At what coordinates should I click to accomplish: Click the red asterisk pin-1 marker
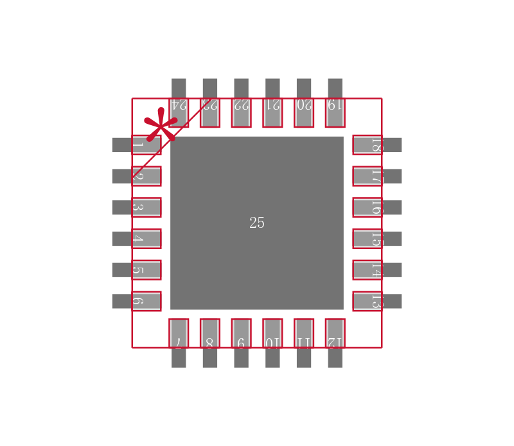click(160, 124)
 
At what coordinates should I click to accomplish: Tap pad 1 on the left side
click(146, 145)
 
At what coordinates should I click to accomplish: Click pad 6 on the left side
click(146, 301)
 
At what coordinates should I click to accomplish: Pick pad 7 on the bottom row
click(179, 333)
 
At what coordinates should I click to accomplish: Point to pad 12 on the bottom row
click(335, 333)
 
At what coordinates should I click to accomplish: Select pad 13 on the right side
click(367, 301)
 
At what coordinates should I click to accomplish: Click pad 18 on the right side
click(367, 145)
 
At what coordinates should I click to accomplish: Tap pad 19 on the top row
click(335, 112)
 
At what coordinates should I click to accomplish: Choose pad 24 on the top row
click(179, 112)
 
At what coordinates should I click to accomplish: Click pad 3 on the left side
click(146, 207)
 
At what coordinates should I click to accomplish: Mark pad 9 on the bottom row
click(241, 333)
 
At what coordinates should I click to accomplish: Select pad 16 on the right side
click(367, 207)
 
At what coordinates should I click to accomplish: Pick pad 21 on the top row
click(272, 112)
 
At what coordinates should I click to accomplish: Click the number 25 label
click(257, 223)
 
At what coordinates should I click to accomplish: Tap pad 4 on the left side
click(146, 239)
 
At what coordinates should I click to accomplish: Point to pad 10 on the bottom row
click(272, 333)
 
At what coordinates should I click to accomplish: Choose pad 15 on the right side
click(367, 239)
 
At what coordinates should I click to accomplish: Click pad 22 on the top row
click(241, 112)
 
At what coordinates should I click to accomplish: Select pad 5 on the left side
click(146, 270)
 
